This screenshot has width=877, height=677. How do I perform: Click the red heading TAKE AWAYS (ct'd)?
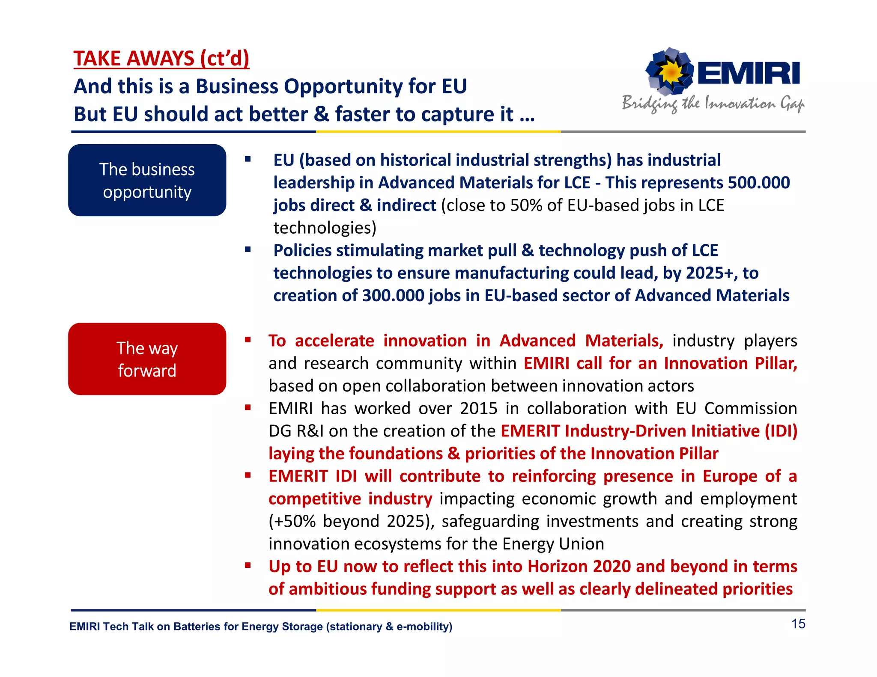coord(161,59)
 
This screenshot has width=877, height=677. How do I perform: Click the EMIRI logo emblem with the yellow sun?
coord(669,71)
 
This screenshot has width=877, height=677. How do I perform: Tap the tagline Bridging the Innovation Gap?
coord(713,104)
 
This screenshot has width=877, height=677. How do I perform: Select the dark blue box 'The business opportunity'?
coord(147,180)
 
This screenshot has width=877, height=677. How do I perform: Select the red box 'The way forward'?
coord(147,359)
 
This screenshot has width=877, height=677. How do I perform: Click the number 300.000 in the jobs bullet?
coord(393,296)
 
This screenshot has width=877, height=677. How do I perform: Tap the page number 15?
coord(798,624)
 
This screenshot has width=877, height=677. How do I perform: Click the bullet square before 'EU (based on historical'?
coord(248,159)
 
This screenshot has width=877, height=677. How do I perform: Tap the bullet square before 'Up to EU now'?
coord(248,565)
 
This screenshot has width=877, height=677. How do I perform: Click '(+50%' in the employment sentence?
coord(292,521)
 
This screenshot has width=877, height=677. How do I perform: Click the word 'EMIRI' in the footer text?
coord(84,627)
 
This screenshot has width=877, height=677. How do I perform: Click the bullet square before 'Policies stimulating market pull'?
coord(248,249)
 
